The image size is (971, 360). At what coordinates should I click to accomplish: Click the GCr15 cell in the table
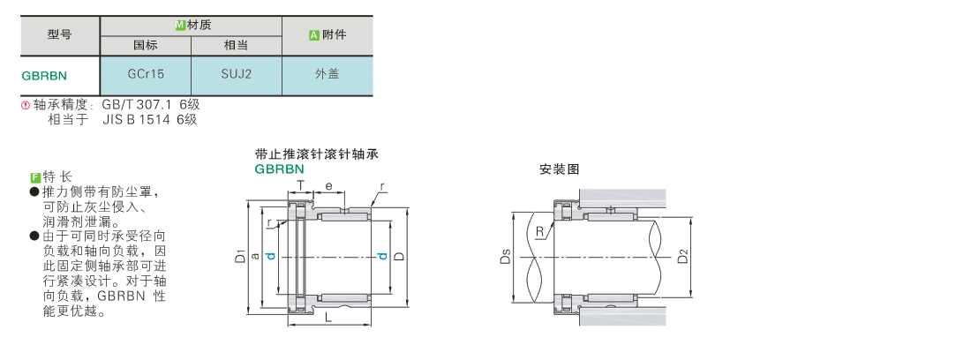146,74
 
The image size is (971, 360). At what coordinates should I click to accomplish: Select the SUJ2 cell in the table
236,74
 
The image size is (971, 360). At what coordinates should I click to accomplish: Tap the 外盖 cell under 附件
327,74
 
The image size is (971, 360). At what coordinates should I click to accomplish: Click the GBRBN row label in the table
44,76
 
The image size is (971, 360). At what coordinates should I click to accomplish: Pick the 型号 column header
59,34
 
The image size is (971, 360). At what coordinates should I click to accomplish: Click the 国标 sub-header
146,45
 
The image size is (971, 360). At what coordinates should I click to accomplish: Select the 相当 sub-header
236,45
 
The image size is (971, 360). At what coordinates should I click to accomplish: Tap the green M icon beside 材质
180,26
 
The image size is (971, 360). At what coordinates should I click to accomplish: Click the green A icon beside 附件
314,35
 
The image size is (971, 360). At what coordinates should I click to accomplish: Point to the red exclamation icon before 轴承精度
26,105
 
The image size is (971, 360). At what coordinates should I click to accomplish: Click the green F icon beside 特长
35,178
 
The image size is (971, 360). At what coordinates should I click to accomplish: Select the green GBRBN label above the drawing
279,169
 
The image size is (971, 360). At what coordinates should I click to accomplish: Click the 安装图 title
559,169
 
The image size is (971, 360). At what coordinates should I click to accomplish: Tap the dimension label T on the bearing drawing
301,185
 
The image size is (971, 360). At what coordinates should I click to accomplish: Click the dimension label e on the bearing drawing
329,185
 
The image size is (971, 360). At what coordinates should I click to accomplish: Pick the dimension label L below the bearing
328,318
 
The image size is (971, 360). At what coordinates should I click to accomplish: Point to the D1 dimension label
240,256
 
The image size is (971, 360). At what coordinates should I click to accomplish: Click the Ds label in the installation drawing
505,257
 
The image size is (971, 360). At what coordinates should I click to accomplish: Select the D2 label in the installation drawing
682,256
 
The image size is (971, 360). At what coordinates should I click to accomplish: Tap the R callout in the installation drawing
540,232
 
